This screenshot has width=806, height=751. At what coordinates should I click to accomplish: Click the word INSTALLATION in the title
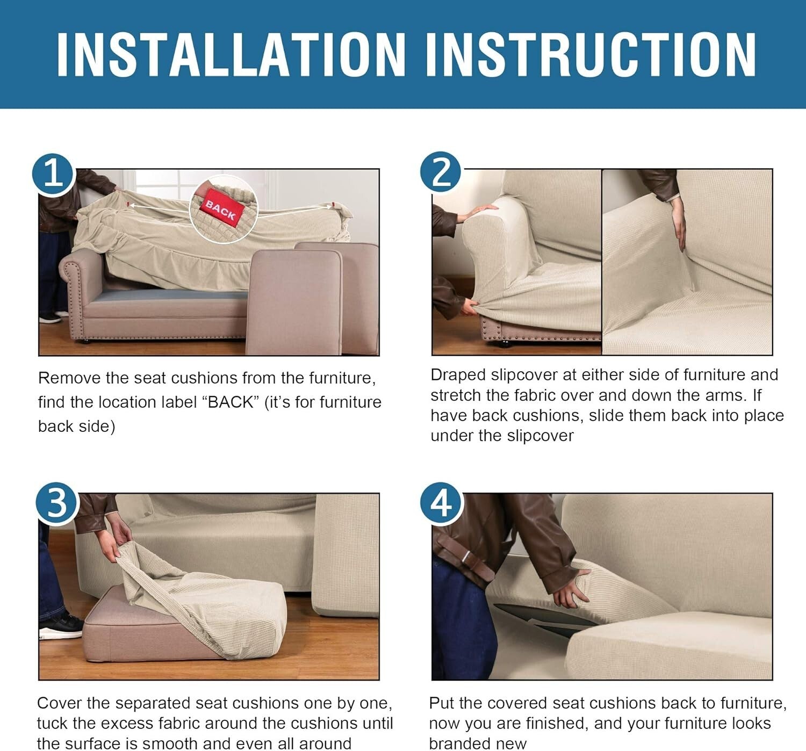[231, 54]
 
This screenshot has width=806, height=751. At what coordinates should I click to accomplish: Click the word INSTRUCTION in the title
[591, 54]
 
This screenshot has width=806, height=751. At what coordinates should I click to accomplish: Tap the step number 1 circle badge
[53, 174]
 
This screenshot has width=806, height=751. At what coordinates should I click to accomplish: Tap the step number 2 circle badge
[441, 172]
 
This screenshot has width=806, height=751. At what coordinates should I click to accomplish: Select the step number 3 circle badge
[56, 503]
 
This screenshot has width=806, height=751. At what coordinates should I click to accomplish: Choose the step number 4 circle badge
[441, 503]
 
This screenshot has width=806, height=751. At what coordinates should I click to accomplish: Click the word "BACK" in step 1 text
[231, 402]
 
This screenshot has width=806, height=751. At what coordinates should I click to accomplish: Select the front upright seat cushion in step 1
[294, 301]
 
